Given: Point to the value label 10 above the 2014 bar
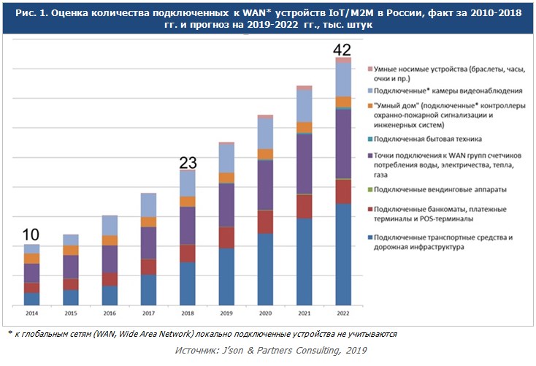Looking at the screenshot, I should (31, 235).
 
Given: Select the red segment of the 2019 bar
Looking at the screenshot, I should (226, 237).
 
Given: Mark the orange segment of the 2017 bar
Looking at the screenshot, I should (148, 222).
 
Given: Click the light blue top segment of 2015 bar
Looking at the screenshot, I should (70, 240).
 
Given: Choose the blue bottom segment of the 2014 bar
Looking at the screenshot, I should (31, 298).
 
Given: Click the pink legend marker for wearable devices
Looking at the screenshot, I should (370, 67).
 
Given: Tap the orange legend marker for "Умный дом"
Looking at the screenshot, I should (370, 105).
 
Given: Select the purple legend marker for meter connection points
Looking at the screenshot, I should (370, 156).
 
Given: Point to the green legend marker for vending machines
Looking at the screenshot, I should (370, 190).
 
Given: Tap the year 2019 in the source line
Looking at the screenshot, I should (356, 351).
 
